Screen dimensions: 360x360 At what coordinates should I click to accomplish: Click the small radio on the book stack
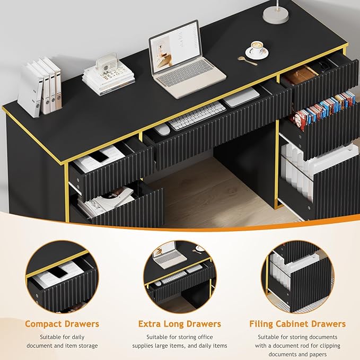pos(106,63)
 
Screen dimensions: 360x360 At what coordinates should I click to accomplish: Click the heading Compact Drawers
pos(62,323)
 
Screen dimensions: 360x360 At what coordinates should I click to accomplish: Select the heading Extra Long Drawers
pos(179,323)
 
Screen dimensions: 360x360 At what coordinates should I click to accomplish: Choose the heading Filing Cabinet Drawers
pos(297,323)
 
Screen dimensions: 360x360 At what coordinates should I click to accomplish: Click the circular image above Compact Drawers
pos(62,276)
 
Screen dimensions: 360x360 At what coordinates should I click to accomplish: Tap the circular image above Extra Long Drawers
pos(180,276)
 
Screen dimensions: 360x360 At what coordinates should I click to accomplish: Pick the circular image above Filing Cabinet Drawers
pos(297,276)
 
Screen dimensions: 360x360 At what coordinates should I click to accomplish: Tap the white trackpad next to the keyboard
pos(241,98)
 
